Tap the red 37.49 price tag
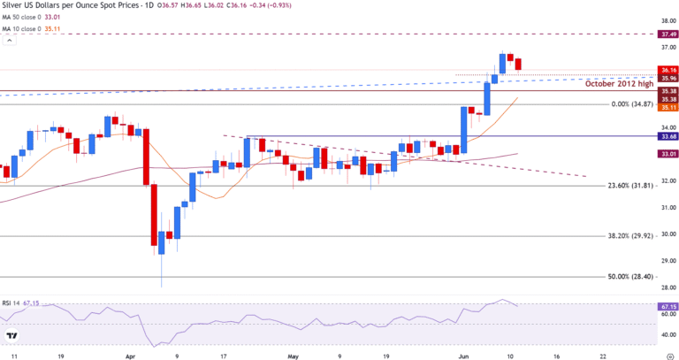tap(668, 34)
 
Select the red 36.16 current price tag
tap(668, 70)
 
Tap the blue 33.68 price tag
tap(668, 136)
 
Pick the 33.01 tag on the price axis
tap(668, 154)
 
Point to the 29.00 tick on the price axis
tap(668, 261)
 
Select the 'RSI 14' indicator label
tap(15, 303)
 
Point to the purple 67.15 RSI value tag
tap(668, 306)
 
